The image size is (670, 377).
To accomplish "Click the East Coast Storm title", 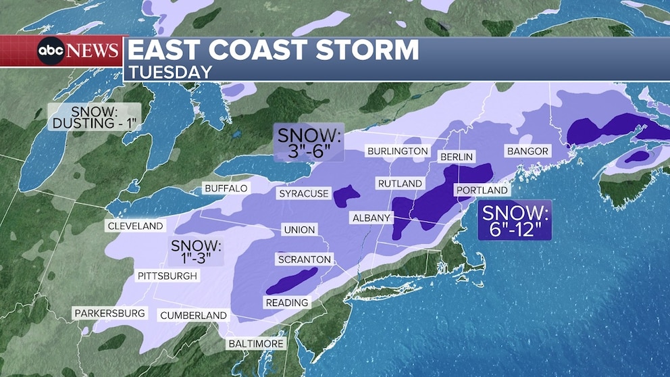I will pyautogui.click(x=273, y=51).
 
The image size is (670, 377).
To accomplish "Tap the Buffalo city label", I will pyautogui.click(x=226, y=188).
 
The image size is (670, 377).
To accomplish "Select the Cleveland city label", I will pyautogui.click(x=135, y=226).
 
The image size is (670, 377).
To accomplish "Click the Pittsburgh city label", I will pyautogui.click(x=167, y=276).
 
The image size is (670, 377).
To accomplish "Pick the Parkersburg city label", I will pyautogui.click(x=109, y=313).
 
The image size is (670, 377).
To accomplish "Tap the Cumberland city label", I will pyautogui.click(x=193, y=316).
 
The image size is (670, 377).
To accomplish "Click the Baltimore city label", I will pyautogui.click(x=256, y=344).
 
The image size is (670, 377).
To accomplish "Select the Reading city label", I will pyautogui.click(x=287, y=303).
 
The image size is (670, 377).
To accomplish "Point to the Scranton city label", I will pyautogui.click(x=304, y=259).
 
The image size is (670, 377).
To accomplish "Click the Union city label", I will pyautogui.click(x=299, y=230).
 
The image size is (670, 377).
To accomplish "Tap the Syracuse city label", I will pyautogui.click(x=303, y=194).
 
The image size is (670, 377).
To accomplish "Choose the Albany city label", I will pyautogui.click(x=371, y=218).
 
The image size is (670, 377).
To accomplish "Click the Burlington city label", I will pyautogui.click(x=396, y=151).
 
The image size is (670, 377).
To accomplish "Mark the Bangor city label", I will pyautogui.click(x=527, y=151).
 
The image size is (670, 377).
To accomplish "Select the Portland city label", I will pyautogui.click(x=482, y=191).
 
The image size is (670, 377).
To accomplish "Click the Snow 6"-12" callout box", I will pyautogui.click(x=515, y=220).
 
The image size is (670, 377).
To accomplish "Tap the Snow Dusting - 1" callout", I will pyautogui.click(x=94, y=117).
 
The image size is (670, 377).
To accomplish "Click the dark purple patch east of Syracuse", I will pyautogui.click(x=346, y=196).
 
